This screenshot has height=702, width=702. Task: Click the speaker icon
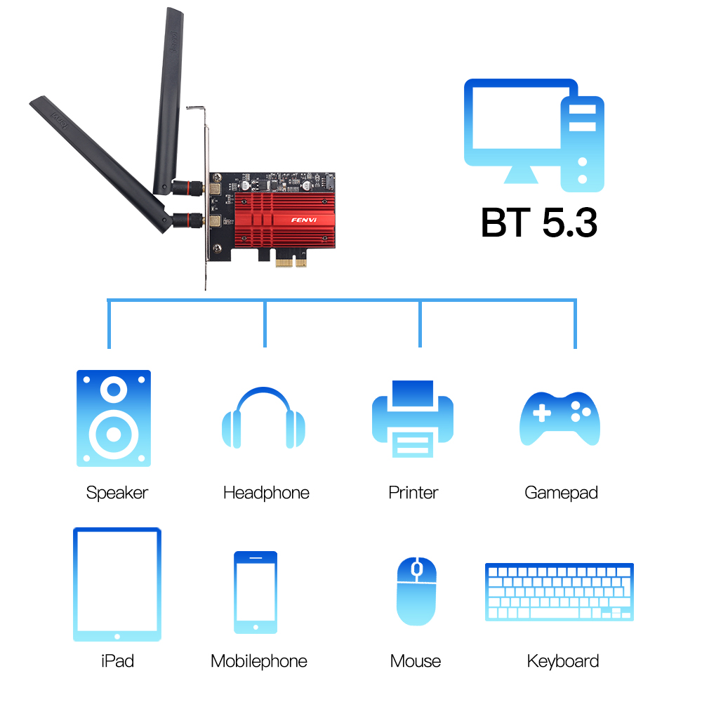(x=114, y=418)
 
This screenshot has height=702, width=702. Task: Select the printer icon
(x=413, y=419)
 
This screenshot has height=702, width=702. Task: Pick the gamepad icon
(x=559, y=418)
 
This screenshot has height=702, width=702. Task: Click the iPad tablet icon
(x=117, y=584)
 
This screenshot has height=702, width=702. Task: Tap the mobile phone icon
(x=256, y=592)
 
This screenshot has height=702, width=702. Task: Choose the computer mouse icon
(x=416, y=591)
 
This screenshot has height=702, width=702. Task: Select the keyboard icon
(x=559, y=592)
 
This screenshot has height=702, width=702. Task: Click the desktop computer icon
(x=534, y=135)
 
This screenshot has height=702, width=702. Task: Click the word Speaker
(x=117, y=493)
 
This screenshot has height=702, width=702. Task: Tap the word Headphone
(x=266, y=493)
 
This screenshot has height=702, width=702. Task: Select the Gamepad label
(x=561, y=493)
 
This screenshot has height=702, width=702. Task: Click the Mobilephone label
(x=259, y=661)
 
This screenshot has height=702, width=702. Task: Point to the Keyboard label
(x=563, y=661)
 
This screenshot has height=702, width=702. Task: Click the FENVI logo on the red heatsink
(x=304, y=220)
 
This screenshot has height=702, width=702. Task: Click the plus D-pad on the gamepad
(x=542, y=413)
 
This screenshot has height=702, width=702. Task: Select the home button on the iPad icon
(x=117, y=636)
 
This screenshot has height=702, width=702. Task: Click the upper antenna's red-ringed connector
(x=188, y=187)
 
